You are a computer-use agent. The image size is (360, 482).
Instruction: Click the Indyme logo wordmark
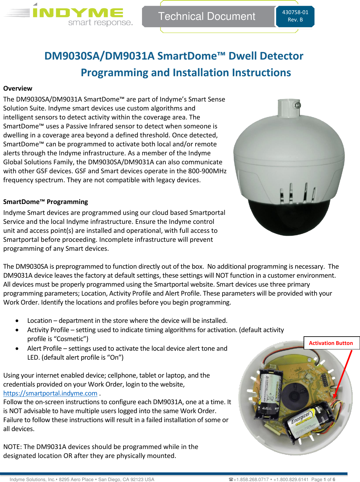78,13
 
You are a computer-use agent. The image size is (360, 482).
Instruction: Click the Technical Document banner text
207,16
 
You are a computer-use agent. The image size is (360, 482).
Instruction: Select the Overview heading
18,88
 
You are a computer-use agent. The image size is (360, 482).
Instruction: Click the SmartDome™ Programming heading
46,202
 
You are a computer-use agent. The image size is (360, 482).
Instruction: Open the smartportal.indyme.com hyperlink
50,393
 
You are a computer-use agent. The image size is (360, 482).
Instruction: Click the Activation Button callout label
331,343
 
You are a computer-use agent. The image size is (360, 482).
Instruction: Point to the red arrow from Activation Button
343,375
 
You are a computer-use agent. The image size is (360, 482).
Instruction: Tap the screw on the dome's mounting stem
297,105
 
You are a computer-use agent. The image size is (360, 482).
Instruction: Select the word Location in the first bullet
39,321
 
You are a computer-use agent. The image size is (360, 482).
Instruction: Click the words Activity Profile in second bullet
48,330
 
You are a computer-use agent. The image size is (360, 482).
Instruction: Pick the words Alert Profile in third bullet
45,348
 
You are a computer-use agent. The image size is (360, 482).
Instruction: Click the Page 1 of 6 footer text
323,479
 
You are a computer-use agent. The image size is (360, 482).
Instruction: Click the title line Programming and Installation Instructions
186,73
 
